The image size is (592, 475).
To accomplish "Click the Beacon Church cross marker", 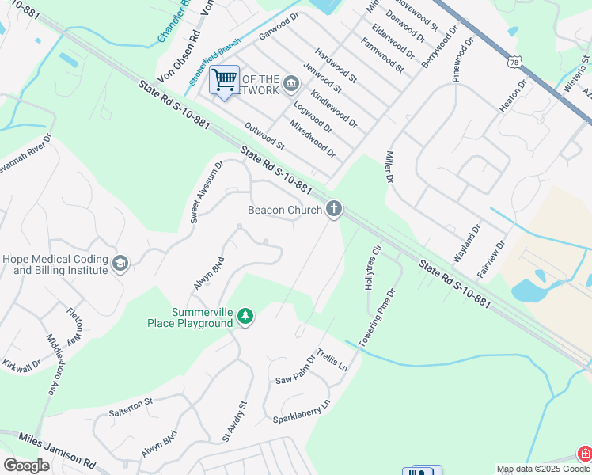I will tap(334, 209).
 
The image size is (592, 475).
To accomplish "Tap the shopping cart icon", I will tap(224, 79).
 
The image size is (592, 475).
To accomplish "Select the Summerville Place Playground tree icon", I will tap(246, 317).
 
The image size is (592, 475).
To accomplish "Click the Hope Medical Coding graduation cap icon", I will tap(120, 264).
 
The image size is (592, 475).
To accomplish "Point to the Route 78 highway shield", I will tap(515, 62).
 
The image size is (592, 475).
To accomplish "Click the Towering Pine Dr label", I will tap(376, 319).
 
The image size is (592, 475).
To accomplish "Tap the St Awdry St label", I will tap(235, 421).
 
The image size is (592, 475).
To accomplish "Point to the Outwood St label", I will tap(264, 135).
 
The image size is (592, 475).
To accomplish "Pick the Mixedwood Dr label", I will tap(313, 138).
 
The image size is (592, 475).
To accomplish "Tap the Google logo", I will tap(26, 465).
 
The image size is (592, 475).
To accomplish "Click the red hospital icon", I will tap(584, 454).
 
